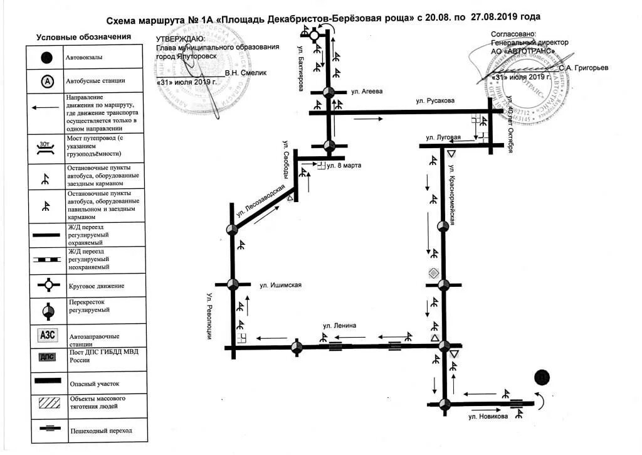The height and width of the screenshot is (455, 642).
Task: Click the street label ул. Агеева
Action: (367, 92)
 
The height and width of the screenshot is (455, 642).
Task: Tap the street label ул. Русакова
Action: (436, 100)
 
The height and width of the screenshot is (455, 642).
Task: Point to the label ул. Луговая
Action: (443, 137)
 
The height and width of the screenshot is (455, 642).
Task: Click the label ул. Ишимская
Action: (281, 285)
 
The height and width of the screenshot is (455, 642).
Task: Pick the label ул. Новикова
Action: (488, 417)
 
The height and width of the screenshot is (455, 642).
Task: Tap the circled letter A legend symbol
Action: (47, 81)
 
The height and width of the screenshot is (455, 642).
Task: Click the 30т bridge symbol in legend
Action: (46, 147)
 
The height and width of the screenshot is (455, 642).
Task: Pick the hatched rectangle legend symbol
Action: (47, 404)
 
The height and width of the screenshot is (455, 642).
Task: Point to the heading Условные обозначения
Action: (83, 37)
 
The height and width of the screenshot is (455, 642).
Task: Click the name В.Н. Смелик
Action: (246, 73)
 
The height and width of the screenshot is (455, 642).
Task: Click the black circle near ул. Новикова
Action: (542, 378)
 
